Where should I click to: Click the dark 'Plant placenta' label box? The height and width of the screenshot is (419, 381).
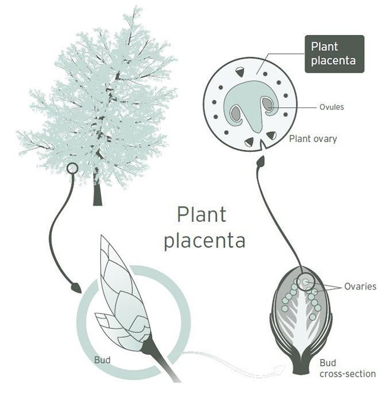[x=334, y=53]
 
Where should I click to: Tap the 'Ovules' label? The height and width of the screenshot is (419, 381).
[x=333, y=107]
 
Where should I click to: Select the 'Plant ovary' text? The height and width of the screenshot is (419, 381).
[x=313, y=139]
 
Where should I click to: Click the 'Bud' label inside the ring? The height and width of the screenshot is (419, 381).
[x=102, y=360]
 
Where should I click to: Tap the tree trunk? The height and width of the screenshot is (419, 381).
[x=98, y=191]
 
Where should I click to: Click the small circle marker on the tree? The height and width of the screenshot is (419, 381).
[x=72, y=169]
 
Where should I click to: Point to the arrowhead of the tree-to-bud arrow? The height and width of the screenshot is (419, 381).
[x=75, y=285]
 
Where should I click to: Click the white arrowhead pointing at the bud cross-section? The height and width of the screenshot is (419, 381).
[x=281, y=366]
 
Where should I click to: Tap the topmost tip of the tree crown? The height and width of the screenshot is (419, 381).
[x=136, y=8]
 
